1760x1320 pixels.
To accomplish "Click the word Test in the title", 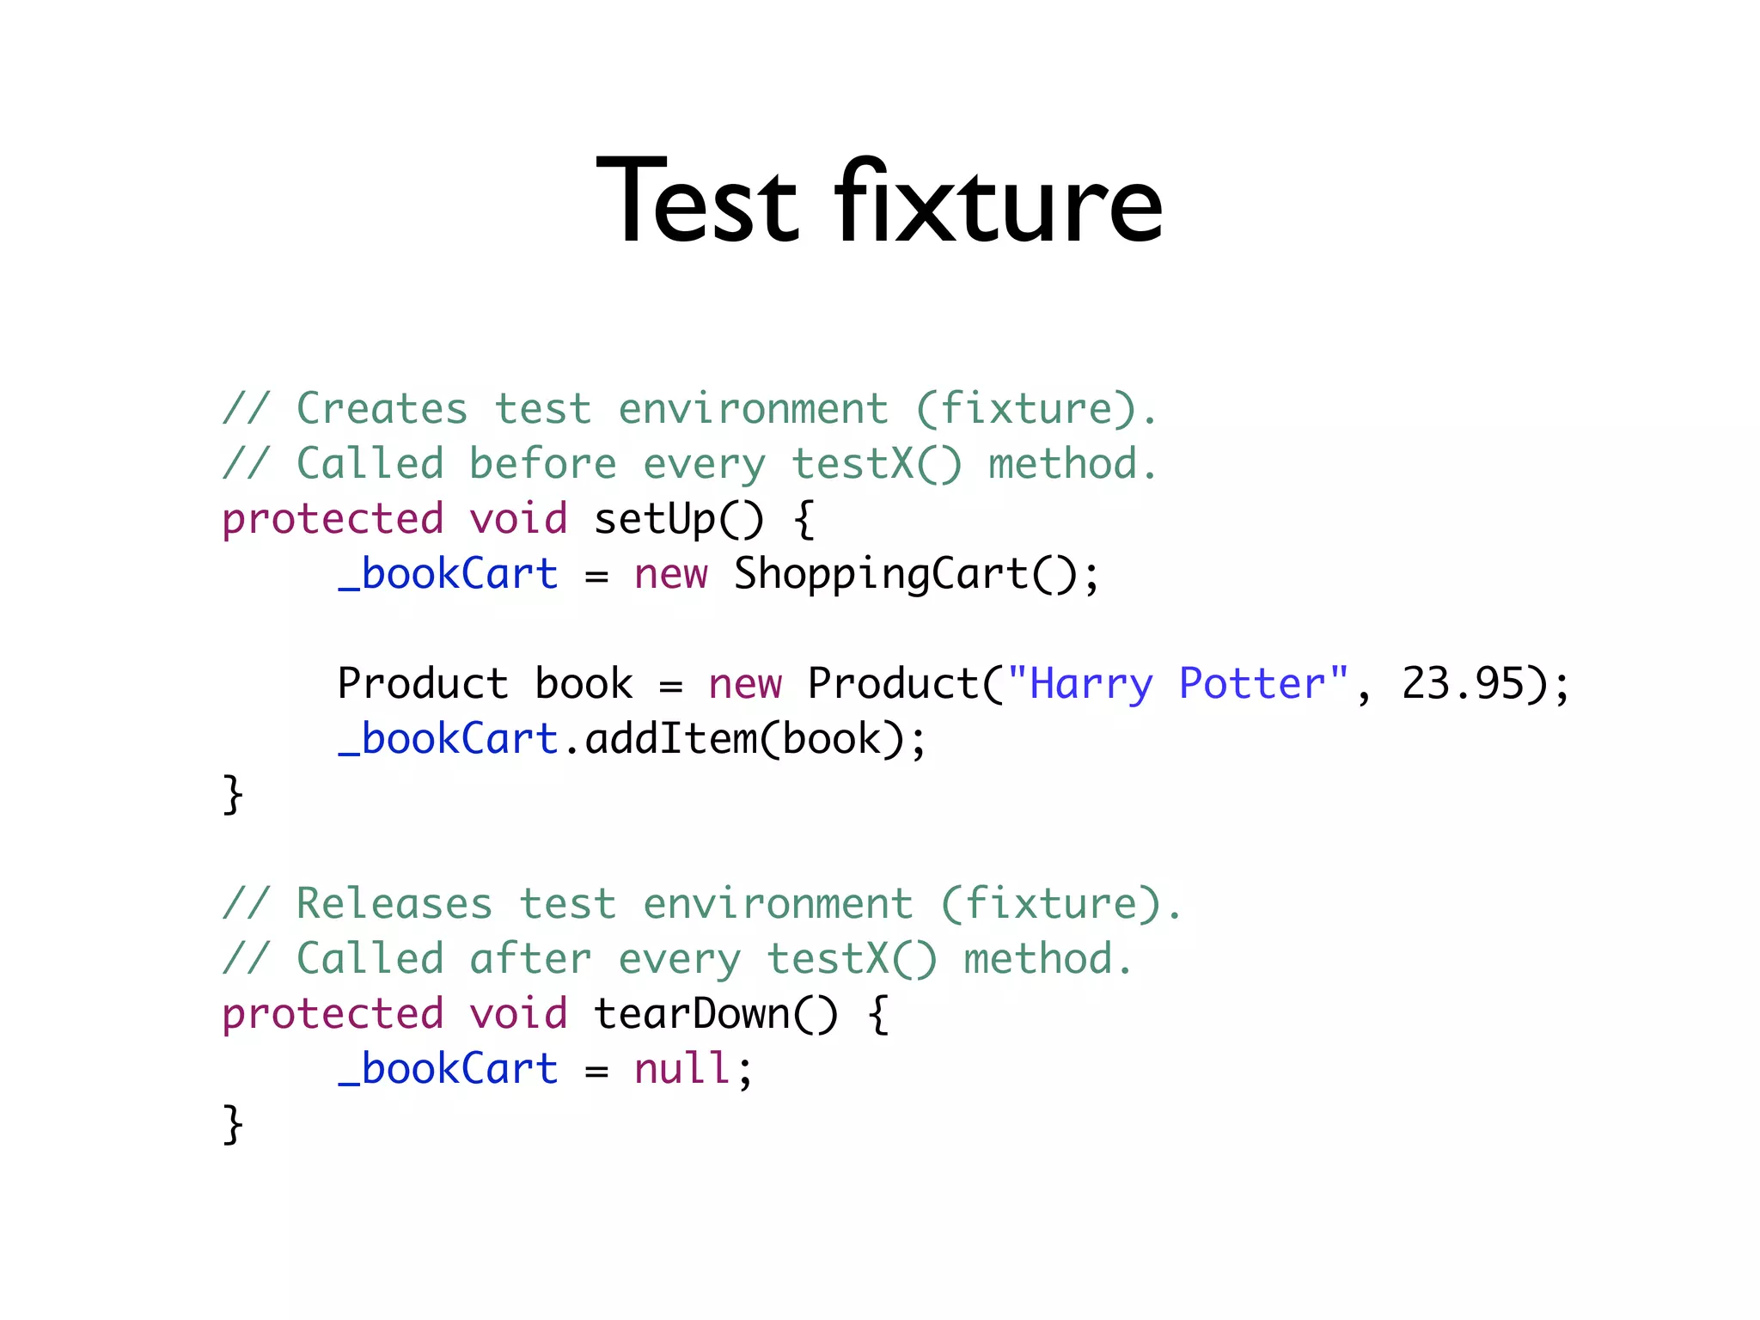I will click(697, 203).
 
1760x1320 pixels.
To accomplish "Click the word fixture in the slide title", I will click(998, 203).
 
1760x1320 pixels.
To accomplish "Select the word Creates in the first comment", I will click(382, 409).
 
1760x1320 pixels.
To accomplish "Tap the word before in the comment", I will click(542, 464).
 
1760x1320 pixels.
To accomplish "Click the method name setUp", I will click(654, 519).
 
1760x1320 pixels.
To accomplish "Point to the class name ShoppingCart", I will click(881, 574).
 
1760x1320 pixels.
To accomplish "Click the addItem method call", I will click(670, 739).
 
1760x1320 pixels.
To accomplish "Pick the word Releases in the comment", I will click(394, 904).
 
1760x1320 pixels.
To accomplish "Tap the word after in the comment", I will click(530, 959).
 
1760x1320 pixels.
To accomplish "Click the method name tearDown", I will click(691, 1014).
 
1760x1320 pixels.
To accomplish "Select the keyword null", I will click(682, 1069).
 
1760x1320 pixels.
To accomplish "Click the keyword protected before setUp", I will click(333, 519).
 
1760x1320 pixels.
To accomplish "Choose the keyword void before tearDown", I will click(518, 1014).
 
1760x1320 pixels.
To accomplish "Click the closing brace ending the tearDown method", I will click(233, 1124).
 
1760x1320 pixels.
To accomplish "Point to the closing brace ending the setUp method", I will click(233, 794).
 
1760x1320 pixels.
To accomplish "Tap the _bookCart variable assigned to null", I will click(448, 1069).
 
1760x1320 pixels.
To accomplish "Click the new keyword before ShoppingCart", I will click(670, 574).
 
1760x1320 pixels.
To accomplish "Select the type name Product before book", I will click(423, 684).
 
